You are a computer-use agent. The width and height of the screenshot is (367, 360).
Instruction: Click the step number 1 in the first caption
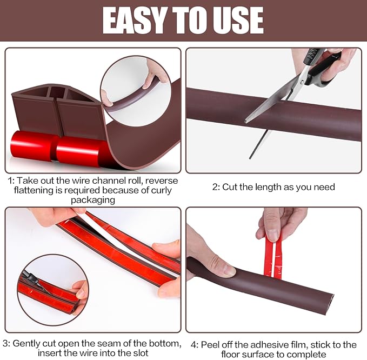pyautogui.click(x=10, y=181)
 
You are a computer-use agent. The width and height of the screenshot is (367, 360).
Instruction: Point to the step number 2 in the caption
pyautogui.click(x=215, y=187)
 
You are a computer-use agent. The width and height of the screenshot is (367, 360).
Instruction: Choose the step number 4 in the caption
pyautogui.click(x=193, y=344)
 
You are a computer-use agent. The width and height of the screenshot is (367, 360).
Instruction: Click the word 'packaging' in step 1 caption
pyautogui.click(x=92, y=200)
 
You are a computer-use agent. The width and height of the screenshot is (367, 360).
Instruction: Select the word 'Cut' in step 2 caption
pyautogui.click(x=233, y=187)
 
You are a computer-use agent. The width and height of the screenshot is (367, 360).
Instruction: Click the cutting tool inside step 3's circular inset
pyautogui.click(x=35, y=282)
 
